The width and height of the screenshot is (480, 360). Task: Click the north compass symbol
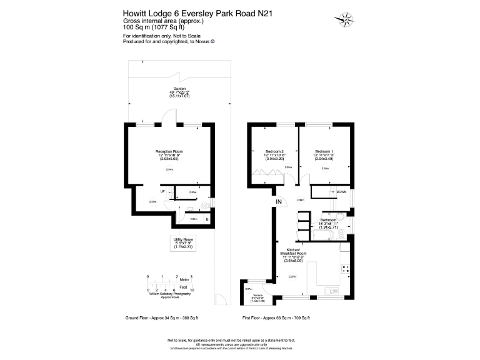point(345,19)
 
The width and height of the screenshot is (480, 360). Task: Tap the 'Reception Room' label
point(169,151)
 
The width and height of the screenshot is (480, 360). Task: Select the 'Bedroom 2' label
point(275,151)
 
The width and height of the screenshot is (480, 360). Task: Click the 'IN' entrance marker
point(277,202)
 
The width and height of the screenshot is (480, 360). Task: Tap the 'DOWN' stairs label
point(341,192)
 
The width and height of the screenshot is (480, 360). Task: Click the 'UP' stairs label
point(162,191)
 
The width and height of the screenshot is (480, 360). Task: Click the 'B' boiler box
point(207,219)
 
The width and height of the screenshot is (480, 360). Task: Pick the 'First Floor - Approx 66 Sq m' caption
point(276,318)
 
